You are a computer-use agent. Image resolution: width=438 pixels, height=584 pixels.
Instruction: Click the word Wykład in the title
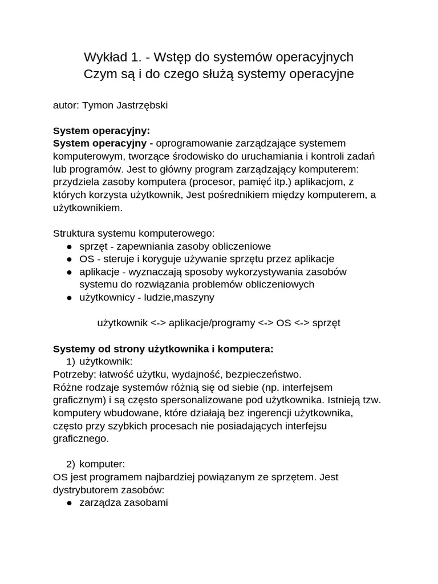[x=104, y=57]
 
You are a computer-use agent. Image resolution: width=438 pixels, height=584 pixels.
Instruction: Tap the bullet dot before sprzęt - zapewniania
[x=69, y=246]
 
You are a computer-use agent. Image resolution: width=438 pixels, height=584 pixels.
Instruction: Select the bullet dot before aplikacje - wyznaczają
[x=69, y=272]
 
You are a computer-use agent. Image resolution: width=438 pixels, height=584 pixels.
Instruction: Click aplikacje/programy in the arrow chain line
[x=212, y=323]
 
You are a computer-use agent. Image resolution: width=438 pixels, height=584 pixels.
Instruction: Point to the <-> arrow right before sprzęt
[x=302, y=323]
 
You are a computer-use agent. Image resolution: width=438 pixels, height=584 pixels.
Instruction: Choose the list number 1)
[x=70, y=362]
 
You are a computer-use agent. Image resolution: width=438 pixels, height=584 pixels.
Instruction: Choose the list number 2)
[x=70, y=464]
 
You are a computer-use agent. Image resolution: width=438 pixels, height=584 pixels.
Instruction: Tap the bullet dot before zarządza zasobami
[x=69, y=503]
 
